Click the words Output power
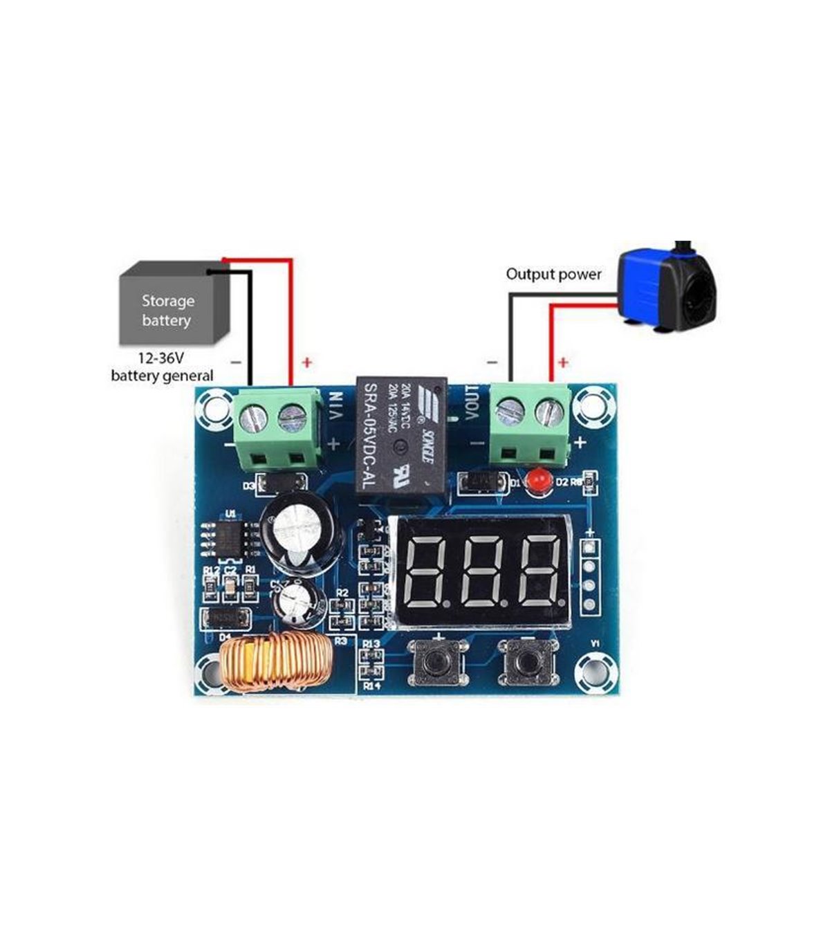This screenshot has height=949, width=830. point(553,274)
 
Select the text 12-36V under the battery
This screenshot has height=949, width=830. point(162,360)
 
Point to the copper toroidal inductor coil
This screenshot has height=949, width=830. point(274,666)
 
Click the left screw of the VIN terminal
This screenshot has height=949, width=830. point(253,417)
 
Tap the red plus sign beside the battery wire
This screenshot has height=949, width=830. point(306,362)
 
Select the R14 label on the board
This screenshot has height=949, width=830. point(372,685)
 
